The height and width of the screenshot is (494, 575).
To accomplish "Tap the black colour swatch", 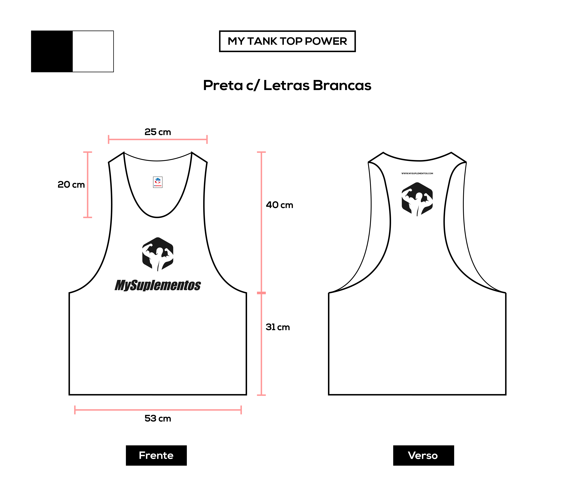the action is (52, 51).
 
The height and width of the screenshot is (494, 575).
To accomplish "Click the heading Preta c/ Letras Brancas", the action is (287, 85).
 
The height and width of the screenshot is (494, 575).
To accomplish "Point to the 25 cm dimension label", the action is (158, 132).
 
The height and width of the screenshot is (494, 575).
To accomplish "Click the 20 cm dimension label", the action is (71, 185).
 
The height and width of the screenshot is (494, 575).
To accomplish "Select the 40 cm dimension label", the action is (279, 205).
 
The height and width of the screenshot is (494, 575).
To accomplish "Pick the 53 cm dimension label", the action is (158, 418).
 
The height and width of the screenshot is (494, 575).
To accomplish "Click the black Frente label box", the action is (156, 455).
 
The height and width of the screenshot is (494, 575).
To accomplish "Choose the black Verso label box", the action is (423, 455).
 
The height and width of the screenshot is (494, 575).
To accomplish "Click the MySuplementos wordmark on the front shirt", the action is (158, 285).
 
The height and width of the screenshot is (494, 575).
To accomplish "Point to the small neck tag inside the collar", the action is (158, 182).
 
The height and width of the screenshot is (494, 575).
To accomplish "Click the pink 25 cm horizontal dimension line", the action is (158, 139).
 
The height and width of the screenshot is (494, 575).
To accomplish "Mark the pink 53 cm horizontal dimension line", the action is (158, 410).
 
